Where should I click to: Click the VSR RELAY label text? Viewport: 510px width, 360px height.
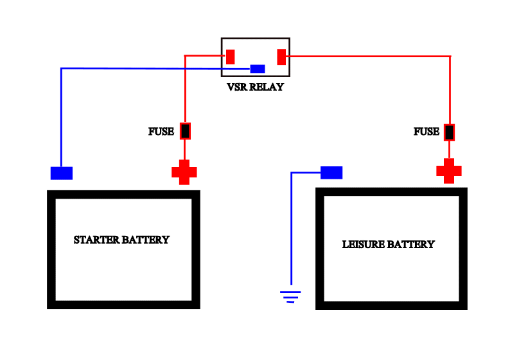coord(255,87)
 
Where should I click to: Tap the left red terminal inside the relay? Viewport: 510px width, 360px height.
coord(230,57)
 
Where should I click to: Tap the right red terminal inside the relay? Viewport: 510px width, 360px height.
coord(281,57)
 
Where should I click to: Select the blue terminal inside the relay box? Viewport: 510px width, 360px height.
coord(258,69)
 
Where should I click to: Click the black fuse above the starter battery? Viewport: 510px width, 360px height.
coord(185,131)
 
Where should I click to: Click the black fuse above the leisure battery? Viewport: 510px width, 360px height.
coord(450,132)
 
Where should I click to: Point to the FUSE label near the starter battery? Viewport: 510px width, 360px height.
coord(161,132)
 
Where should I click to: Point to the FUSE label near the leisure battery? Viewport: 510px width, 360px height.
coord(426,132)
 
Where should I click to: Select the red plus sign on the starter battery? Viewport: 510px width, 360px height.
coord(184,172)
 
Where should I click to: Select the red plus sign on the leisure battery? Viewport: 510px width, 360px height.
coord(449,172)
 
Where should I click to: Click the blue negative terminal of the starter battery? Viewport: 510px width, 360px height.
coord(62,173)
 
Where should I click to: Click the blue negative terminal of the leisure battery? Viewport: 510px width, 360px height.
coord(331,172)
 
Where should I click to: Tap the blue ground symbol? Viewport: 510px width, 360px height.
coord(290,296)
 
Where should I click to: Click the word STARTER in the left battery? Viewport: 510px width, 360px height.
coord(96,240)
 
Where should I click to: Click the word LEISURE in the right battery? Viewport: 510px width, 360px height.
coord(365,244)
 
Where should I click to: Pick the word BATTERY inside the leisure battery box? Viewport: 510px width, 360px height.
coord(412,244)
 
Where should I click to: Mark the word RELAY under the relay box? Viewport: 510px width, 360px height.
coord(268,87)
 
